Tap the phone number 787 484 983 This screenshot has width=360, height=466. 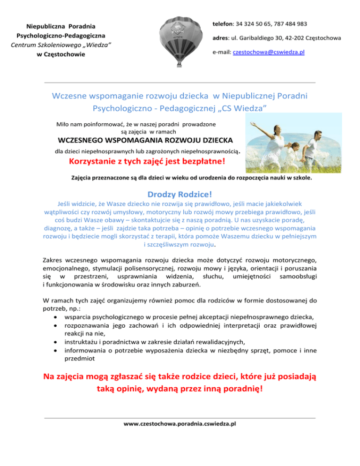[291, 23]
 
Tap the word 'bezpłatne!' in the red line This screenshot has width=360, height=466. [201, 162]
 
